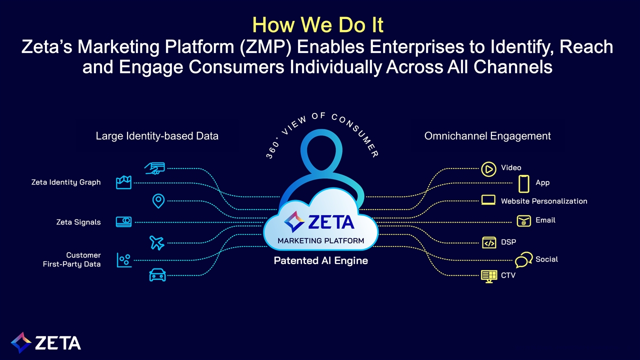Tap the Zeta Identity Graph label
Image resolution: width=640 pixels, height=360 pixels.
click(x=66, y=182)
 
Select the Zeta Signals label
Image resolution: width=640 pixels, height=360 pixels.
click(x=78, y=222)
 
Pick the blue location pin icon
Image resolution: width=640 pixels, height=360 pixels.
click(x=158, y=201)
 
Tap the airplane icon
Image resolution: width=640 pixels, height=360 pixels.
click(x=157, y=243)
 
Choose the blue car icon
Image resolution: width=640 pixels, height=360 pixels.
click(x=157, y=274)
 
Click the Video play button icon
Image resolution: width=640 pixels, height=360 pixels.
click(x=488, y=169)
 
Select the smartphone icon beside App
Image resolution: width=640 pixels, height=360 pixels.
click(x=523, y=183)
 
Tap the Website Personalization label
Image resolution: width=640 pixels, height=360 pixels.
click(x=544, y=201)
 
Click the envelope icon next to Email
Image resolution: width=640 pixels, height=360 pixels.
click(x=523, y=220)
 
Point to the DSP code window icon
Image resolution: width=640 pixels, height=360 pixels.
click(x=488, y=242)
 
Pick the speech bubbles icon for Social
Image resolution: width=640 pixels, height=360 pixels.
click(x=523, y=260)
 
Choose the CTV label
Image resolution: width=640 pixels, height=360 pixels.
click(x=508, y=275)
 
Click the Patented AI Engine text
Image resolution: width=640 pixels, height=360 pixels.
click(x=320, y=260)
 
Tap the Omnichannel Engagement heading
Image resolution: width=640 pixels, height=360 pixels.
click(x=487, y=136)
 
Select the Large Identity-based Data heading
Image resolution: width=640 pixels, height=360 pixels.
click(x=157, y=136)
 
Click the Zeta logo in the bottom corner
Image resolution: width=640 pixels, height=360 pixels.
click(x=46, y=342)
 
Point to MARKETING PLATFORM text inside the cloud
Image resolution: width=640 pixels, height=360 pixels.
click(x=320, y=240)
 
